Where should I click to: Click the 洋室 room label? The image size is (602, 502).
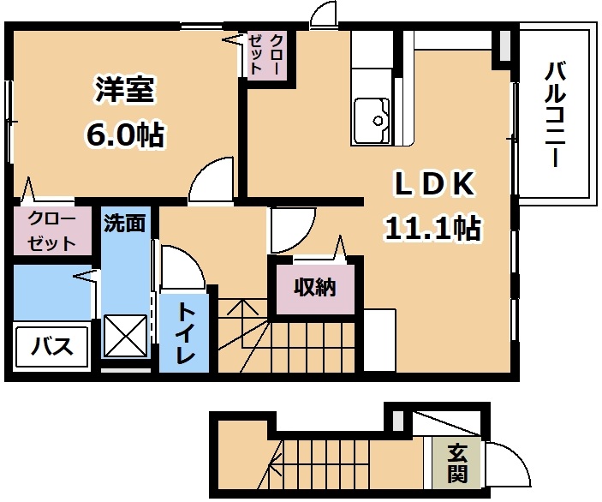[125, 90]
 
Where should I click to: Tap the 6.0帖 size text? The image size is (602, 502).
[125, 134]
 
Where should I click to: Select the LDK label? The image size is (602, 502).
[434, 184]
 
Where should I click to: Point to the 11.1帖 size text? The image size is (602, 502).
[433, 227]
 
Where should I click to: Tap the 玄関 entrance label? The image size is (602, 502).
[457, 463]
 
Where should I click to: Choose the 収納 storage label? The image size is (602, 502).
[315, 287]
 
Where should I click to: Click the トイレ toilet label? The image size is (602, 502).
[185, 334]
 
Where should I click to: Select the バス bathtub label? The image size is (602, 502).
[52, 346]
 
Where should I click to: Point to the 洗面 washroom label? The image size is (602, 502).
[125, 223]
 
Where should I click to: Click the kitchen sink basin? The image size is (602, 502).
[372, 121]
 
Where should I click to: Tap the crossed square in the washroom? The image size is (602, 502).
[127, 336]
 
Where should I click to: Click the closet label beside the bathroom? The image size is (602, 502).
[51, 231]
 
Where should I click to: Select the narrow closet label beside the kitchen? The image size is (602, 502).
[266, 54]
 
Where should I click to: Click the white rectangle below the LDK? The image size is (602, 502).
[379, 340]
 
